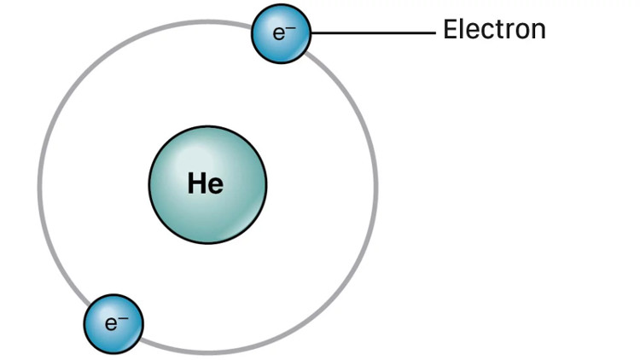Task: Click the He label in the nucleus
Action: click(x=206, y=183)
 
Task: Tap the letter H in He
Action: click(x=198, y=183)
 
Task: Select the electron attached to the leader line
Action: click(x=281, y=34)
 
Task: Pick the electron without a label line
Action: click(x=113, y=323)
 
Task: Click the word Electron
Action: click(x=493, y=30)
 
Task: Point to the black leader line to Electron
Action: click(x=373, y=33)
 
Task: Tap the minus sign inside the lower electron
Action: click(x=123, y=318)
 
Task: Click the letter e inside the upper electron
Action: click(x=277, y=35)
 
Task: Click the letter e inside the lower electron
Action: click(x=109, y=325)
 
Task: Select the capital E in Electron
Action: click(x=450, y=30)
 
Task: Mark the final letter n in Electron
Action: click(x=538, y=32)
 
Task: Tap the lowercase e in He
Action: click(x=216, y=186)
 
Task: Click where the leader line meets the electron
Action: click(x=311, y=33)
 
